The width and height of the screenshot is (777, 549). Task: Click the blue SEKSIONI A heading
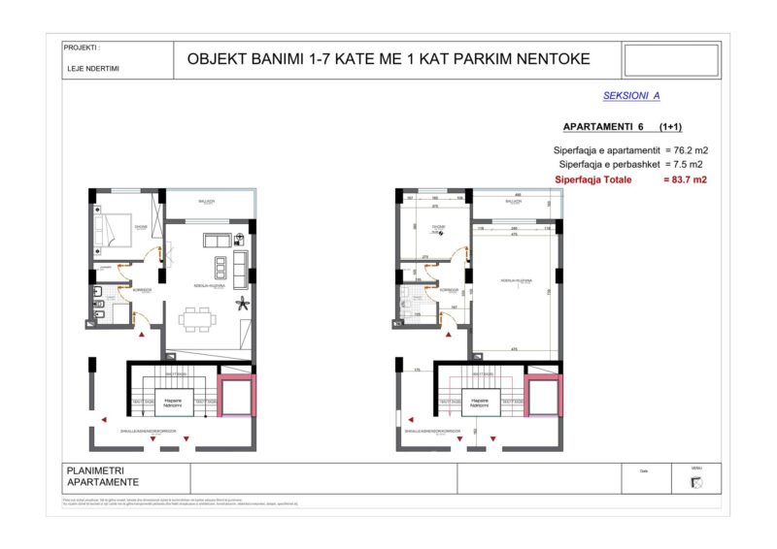(x=631, y=96)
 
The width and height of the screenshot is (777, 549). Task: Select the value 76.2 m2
(x=686, y=150)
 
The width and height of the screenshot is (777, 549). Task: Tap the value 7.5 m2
(x=686, y=165)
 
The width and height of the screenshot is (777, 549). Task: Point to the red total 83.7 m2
(x=685, y=179)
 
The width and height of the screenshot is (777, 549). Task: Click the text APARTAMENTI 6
(x=603, y=127)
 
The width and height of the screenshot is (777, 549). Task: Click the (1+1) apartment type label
(x=669, y=127)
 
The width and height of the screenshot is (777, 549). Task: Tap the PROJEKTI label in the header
(x=82, y=47)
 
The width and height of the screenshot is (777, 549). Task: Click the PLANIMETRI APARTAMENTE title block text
(x=102, y=477)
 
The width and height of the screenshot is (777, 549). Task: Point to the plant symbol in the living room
(x=242, y=304)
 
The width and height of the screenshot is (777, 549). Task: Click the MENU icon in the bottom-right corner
(x=695, y=483)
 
